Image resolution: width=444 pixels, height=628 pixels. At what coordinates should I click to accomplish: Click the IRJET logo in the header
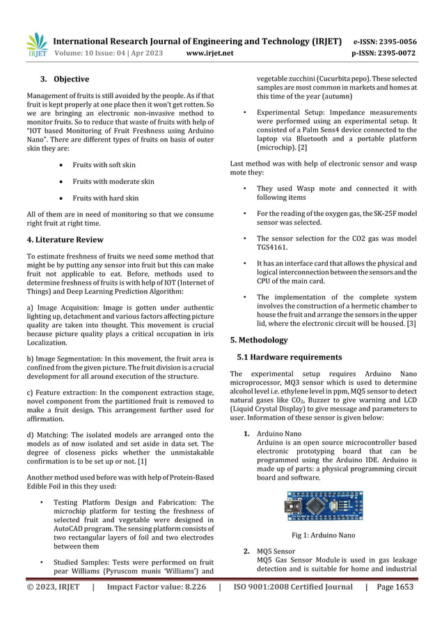37,45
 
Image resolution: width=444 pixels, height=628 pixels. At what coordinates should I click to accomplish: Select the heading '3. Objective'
64,79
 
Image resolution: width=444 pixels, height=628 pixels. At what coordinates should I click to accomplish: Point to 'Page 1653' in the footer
395,586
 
